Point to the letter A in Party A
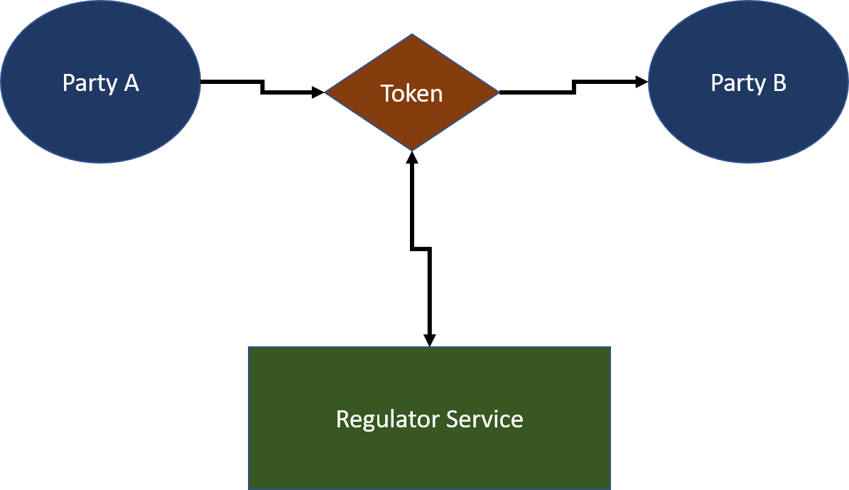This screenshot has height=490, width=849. (x=131, y=83)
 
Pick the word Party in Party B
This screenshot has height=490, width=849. (x=737, y=84)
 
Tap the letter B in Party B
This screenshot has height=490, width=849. (x=779, y=83)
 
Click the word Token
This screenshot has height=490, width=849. (x=412, y=93)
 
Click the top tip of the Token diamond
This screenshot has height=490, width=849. (x=412, y=36)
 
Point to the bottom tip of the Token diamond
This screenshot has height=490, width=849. (x=412, y=149)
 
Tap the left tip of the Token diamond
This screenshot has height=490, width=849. (x=326, y=92)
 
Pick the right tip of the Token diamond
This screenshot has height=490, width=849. (x=498, y=92)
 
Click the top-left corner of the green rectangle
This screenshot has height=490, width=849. (x=249, y=348)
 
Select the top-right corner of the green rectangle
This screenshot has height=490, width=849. (x=610, y=348)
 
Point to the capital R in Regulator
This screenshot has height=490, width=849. (x=342, y=419)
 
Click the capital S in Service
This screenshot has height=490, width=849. (x=453, y=419)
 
